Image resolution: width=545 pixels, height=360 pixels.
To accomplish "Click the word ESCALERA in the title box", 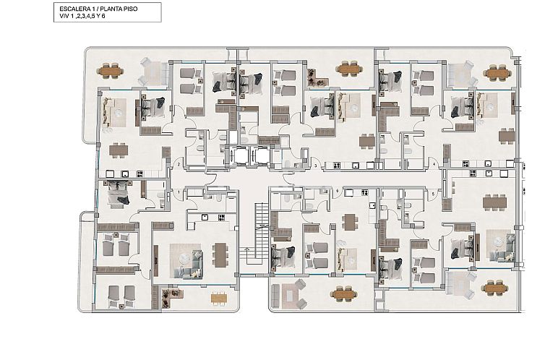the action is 72,9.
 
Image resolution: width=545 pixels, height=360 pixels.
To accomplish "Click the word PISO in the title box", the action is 130,9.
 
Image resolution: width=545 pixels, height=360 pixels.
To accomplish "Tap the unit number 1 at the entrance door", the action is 179,192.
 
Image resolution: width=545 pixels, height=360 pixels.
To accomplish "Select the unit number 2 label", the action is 179,164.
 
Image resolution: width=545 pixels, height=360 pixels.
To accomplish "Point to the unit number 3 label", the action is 316,166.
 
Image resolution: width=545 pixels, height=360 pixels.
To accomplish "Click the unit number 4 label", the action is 434,164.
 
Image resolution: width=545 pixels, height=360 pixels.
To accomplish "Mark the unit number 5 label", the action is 433,194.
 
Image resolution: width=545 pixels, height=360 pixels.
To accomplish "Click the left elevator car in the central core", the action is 240,155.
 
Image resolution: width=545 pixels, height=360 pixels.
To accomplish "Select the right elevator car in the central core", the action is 262,155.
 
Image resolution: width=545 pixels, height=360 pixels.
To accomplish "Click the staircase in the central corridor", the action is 262,229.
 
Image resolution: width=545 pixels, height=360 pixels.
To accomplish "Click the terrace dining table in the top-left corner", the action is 110,71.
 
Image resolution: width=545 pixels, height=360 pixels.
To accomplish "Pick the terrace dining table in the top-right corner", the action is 497,73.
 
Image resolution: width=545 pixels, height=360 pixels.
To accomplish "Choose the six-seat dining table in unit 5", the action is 494,202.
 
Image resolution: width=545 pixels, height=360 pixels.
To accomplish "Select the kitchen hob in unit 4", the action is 465,163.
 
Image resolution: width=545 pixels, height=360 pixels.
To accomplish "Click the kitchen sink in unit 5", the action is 489,173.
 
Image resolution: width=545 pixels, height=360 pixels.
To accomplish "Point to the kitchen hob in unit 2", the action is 140,173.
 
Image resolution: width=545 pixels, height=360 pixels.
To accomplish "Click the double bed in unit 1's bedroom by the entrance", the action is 119,194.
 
